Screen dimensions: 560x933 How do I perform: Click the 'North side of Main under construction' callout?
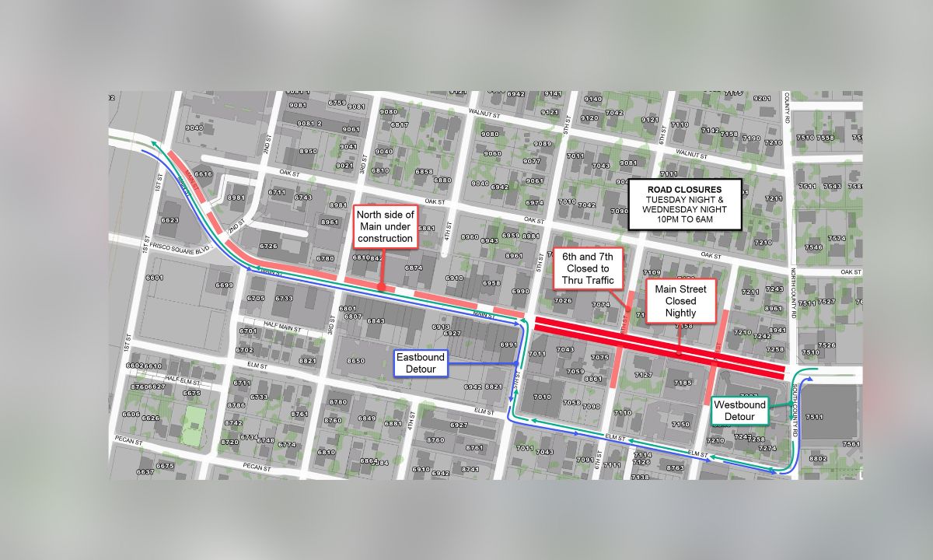click(386, 226)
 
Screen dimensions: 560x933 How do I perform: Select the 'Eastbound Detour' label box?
click(421, 363)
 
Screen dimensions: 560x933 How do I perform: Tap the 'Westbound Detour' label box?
click(740, 411)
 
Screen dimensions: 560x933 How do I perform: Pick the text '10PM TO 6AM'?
click(685, 220)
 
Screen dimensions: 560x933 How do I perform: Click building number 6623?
click(169, 221)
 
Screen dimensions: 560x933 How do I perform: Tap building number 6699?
click(224, 285)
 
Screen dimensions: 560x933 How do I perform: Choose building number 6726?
click(268, 247)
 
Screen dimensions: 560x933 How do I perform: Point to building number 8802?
click(818, 458)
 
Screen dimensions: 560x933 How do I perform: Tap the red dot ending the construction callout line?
click(382, 287)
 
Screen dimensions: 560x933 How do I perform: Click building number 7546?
click(813, 247)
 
